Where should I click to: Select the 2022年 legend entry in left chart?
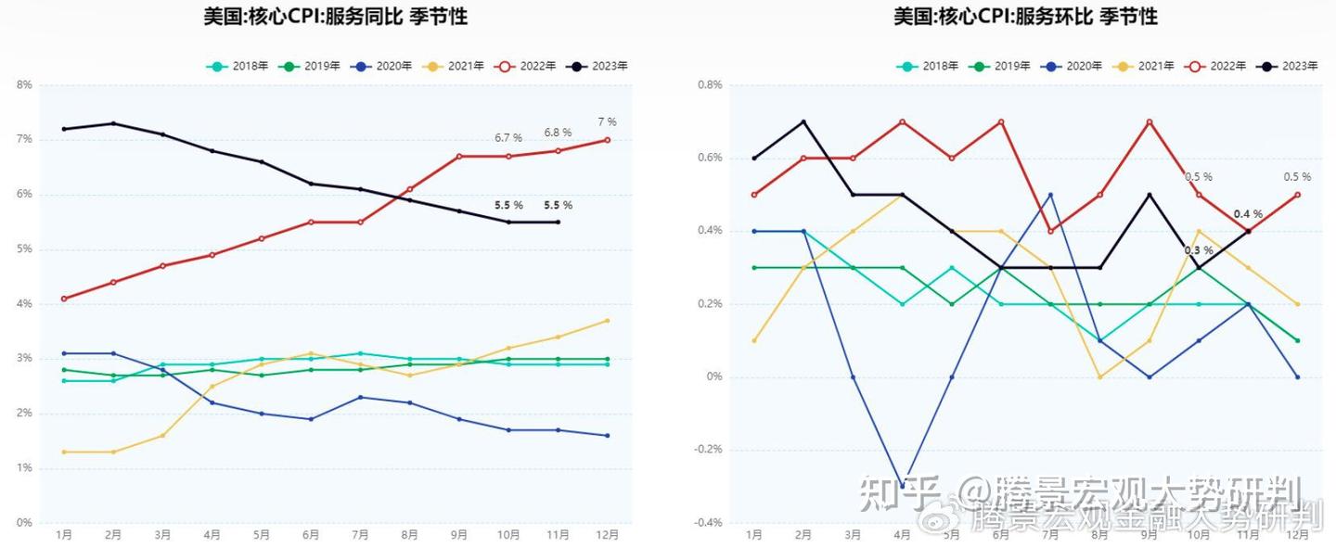pos(525,66)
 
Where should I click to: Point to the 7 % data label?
pos(607,121)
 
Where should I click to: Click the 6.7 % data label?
pos(508,137)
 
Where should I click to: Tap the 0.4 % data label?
pos(1248,214)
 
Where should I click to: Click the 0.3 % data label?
pos(1199,250)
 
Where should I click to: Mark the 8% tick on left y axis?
pos(24,84)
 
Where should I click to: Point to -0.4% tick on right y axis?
pos(709,523)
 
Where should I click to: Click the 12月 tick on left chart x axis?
pos(607,535)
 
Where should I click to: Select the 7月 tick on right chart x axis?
pos(1050,535)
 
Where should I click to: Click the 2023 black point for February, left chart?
pos(113,123)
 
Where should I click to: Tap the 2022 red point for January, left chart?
pos(64,299)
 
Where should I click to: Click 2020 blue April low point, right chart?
pos(902,486)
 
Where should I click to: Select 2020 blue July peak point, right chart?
pos(1050,195)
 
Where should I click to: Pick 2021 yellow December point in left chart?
pos(607,321)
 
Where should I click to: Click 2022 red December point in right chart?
pos(1297,195)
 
